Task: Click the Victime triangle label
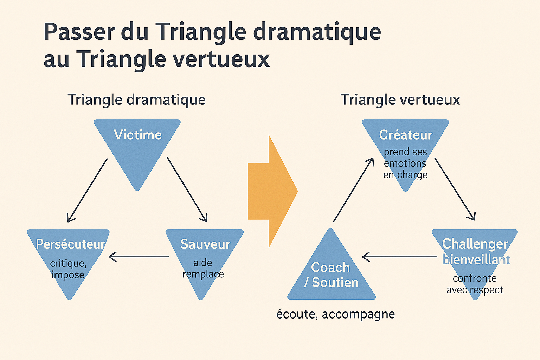pos(138,135)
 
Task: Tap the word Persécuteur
pos(70,244)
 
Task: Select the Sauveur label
pos(205,244)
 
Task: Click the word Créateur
pos(406,135)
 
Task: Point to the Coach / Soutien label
pos(331,275)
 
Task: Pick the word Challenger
pos(475,244)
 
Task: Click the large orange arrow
pos(273,191)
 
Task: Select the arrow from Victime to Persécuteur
pos(87,190)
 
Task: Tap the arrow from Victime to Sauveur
pos(187,189)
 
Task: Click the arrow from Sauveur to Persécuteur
pos(139,257)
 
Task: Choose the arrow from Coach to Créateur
pos(354,189)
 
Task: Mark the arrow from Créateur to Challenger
pos(455,189)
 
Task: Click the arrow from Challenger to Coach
pos(400,257)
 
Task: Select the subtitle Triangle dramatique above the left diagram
pos(136,99)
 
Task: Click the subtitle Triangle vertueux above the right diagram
pos(400,99)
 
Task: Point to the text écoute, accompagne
pos(336,314)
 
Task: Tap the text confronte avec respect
pos(475,284)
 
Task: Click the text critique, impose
pos(68,269)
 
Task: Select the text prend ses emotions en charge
pos(405,163)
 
